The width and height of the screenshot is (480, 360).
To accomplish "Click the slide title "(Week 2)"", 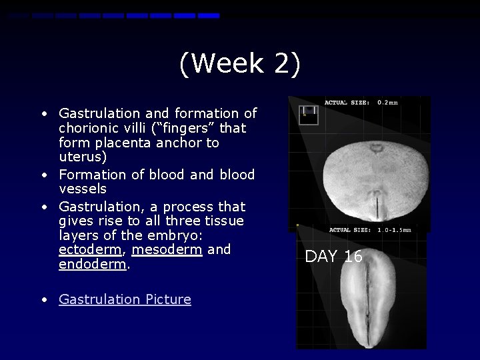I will tap(240, 65).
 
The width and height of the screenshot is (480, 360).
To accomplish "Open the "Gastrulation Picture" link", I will tap(125, 299).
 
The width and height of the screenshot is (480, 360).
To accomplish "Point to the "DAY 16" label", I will tap(334, 257).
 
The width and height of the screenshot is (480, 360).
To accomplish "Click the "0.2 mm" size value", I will tap(387, 103).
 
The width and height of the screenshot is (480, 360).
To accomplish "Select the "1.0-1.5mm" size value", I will tap(394, 230).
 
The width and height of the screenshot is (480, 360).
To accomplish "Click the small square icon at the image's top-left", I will tap(308, 115).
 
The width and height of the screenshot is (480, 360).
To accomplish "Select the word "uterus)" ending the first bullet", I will tap(81, 158).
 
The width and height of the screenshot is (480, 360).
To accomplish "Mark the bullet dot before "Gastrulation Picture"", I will tap(43, 300).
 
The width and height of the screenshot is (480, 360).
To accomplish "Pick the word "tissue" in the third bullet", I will tap(223, 220).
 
